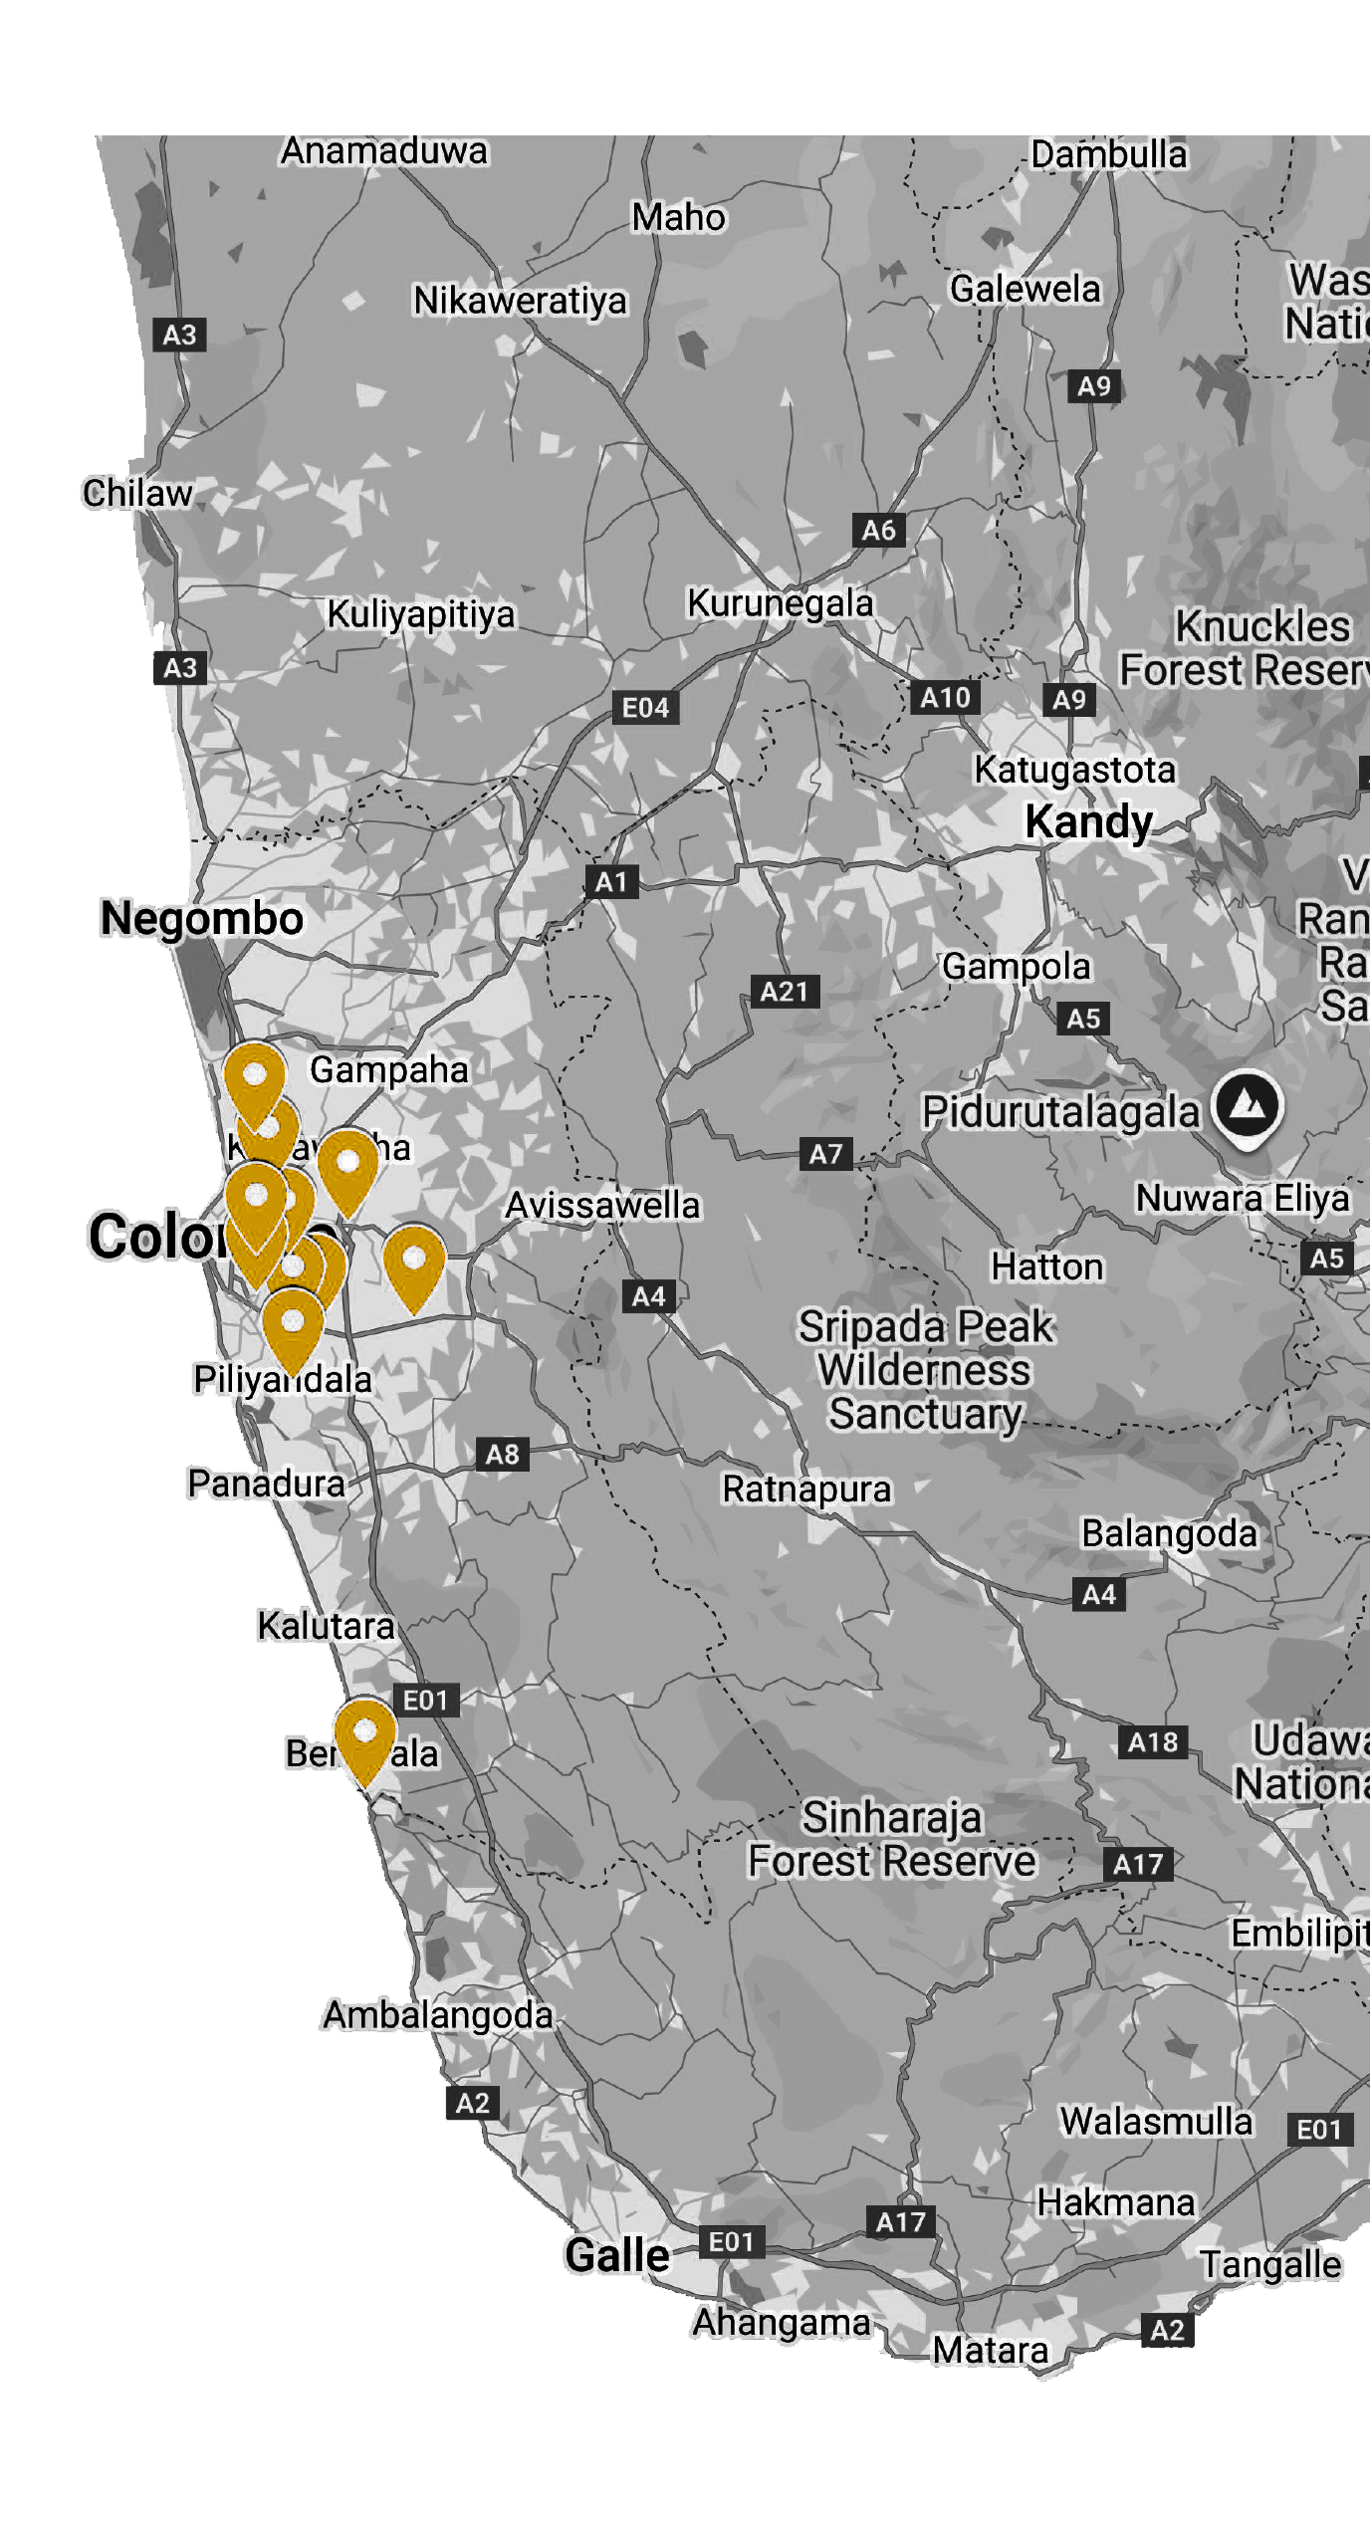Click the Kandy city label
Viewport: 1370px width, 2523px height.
[1088, 822]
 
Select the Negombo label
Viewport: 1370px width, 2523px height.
[202, 918]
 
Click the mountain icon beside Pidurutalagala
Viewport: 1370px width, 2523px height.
[1248, 1105]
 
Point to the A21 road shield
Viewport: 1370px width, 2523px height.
[784, 992]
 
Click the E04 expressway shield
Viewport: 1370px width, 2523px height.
[645, 708]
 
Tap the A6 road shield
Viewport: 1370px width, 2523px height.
[879, 530]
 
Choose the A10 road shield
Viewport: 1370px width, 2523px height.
[945, 697]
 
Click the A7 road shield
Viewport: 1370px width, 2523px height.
[825, 1154]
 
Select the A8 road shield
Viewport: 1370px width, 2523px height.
[502, 1454]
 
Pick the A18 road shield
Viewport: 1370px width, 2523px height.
[1152, 1742]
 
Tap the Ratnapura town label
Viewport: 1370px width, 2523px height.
[806, 1490]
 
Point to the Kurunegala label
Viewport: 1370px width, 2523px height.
[780, 603]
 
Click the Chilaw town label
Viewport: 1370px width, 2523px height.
[137, 493]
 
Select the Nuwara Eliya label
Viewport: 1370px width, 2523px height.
[1243, 1198]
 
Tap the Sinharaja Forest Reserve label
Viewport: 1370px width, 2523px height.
[892, 1840]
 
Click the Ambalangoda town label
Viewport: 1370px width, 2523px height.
[437, 2015]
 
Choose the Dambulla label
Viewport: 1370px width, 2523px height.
[1108, 155]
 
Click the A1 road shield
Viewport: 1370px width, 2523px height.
[610, 881]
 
